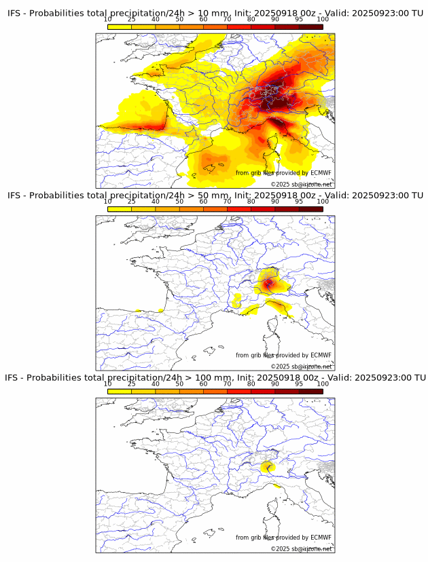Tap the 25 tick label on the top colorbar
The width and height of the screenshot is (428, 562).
tap(131, 19)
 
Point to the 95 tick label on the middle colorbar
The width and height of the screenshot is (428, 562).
tap(299, 202)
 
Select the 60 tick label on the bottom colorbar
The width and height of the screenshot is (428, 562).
tap(203, 384)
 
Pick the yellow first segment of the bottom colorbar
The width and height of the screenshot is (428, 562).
tap(119, 391)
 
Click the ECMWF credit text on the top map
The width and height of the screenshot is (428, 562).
tap(283, 173)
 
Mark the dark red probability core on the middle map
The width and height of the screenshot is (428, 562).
tap(269, 283)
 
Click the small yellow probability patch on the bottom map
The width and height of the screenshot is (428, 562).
tap(268, 466)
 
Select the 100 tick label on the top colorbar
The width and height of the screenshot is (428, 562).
tap(323, 19)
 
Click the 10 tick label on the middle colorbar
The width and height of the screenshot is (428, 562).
tap(107, 202)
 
